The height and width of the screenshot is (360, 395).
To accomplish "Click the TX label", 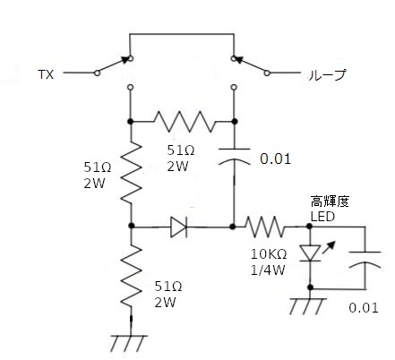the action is [x=46, y=74].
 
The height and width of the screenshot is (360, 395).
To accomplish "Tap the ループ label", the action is [x=327, y=74].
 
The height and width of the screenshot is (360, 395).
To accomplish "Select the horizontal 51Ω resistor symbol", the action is [x=184, y=122].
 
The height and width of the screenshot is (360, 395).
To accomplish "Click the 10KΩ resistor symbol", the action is [x=264, y=227].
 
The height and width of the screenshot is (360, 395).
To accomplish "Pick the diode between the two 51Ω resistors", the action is [x=179, y=227].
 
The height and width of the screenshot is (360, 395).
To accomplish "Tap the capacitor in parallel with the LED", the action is [x=365, y=259].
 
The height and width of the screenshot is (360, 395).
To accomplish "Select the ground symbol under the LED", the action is [x=306, y=306].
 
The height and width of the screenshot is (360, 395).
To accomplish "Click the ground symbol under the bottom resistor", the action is [x=128, y=343].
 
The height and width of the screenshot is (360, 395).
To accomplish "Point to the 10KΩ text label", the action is [x=269, y=254].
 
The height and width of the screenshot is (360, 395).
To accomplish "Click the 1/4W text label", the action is [x=268, y=270].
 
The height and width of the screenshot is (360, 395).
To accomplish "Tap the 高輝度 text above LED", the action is [x=330, y=201].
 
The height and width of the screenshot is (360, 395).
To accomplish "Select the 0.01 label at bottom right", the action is [x=364, y=308].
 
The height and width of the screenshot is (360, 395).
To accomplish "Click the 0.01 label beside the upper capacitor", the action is [x=275, y=159].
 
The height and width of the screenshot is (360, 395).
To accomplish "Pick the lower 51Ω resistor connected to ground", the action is [x=132, y=276].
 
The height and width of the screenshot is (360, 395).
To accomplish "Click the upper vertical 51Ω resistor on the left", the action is [x=131, y=173].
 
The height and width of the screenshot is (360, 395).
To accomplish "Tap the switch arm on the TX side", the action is [x=113, y=65].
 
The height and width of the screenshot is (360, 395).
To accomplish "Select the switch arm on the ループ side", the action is [x=252, y=65].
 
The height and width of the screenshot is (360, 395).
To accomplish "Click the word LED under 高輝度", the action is [x=322, y=217].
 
